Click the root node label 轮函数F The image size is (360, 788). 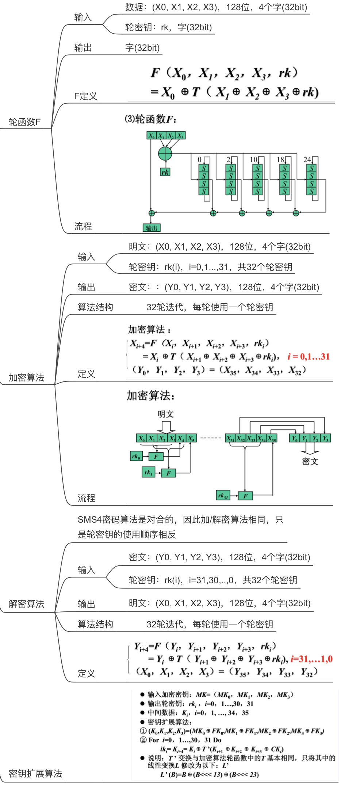click(x=24, y=122)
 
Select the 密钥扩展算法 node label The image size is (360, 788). click(x=35, y=773)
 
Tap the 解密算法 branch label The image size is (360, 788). click(x=26, y=604)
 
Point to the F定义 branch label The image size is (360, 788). click(x=85, y=96)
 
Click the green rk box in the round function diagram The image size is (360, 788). click(x=165, y=172)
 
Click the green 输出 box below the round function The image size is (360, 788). click(x=152, y=228)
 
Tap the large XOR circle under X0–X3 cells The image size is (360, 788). click(x=165, y=153)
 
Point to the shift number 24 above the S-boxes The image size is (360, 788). click(x=307, y=159)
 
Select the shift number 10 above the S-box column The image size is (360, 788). click(x=254, y=159)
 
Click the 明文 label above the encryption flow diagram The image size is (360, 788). click(x=166, y=414)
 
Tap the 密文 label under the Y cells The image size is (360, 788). click(x=310, y=461)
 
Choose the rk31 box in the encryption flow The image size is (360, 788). click(x=223, y=495)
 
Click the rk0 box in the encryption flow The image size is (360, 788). click(x=136, y=456)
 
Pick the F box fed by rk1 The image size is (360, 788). click(x=168, y=473)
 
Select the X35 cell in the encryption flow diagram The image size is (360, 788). click(x=272, y=438)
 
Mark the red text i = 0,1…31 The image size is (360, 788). click(x=309, y=357)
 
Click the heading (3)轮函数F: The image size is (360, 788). click(x=150, y=119)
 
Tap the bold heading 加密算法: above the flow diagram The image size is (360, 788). click(x=150, y=395)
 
